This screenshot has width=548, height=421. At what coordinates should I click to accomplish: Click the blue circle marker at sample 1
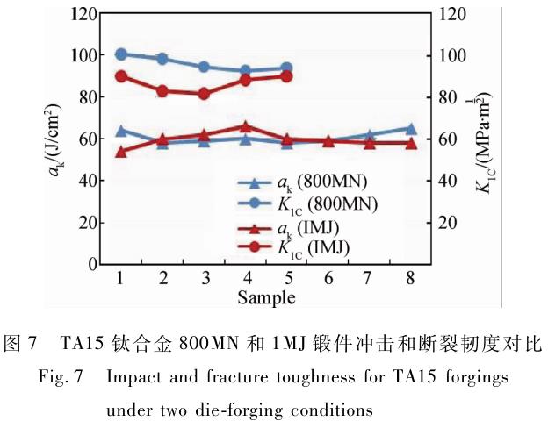click(121, 54)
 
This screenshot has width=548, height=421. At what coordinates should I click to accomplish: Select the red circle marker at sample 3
click(205, 93)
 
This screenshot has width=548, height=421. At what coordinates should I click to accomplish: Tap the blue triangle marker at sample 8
click(411, 129)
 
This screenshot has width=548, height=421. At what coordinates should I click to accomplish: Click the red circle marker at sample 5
click(286, 75)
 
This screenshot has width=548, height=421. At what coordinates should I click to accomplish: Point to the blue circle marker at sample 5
click(286, 68)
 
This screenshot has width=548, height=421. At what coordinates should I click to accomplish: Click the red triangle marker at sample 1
click(121, 152)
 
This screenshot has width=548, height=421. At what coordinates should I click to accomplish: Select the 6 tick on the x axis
click(328, 278)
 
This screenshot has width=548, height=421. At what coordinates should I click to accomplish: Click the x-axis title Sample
click(265, 296)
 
